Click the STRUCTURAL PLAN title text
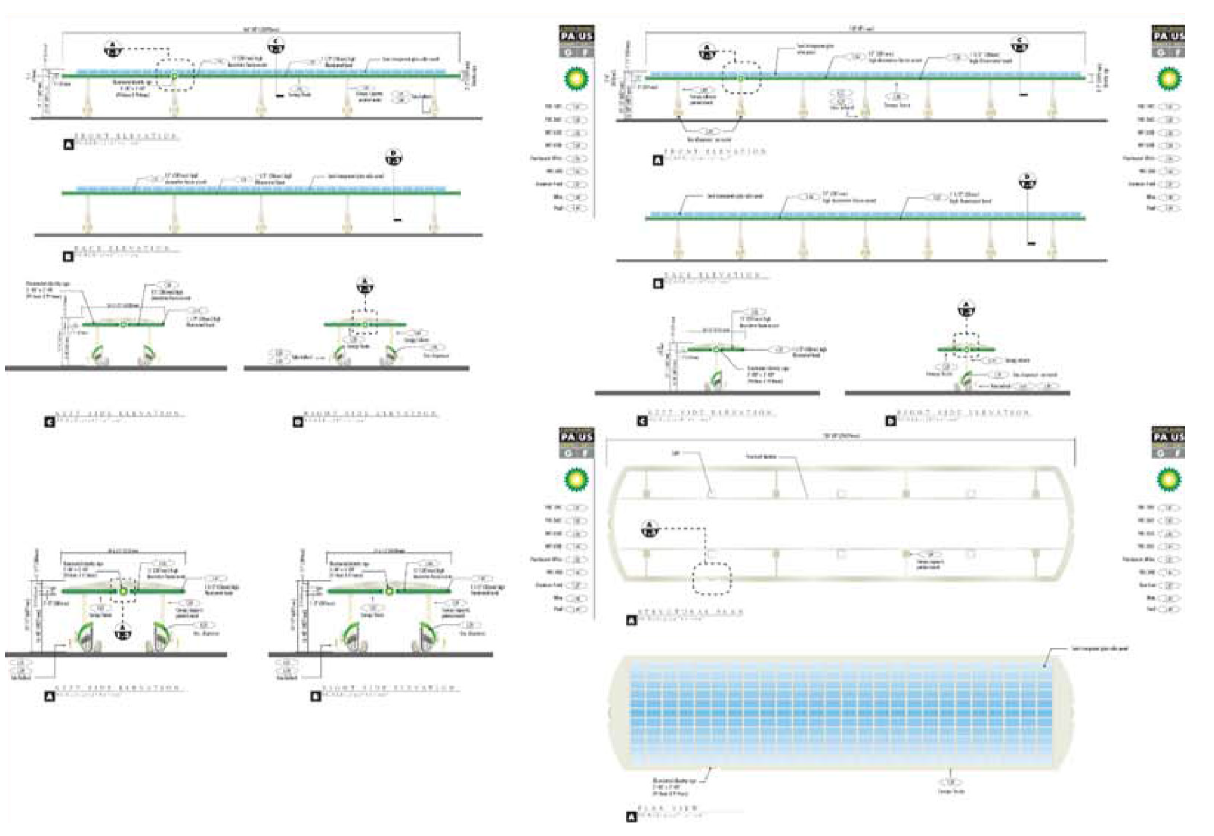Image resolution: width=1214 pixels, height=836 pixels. click(690, 612)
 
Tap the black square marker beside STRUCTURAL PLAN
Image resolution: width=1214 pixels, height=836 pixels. click(631, 620)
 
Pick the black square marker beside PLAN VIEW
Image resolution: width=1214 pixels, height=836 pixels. click(631, 817)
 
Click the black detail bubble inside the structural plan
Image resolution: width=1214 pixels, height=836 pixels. click(649, 529)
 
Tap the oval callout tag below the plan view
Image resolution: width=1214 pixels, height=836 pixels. click(951, 782)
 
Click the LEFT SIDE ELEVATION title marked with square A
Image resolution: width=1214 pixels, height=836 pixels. click(118, 688)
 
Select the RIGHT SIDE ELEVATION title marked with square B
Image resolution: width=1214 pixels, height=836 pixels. click(388, 688)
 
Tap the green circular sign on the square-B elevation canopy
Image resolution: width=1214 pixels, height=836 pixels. click(389, 591)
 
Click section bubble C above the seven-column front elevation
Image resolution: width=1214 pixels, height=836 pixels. click(1019, 45)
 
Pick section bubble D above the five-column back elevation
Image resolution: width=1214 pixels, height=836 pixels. click(393, 157)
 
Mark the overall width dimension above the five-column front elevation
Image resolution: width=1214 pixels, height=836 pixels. click(261, 29)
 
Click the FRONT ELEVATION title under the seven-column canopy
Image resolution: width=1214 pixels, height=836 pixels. click(715, 151)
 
